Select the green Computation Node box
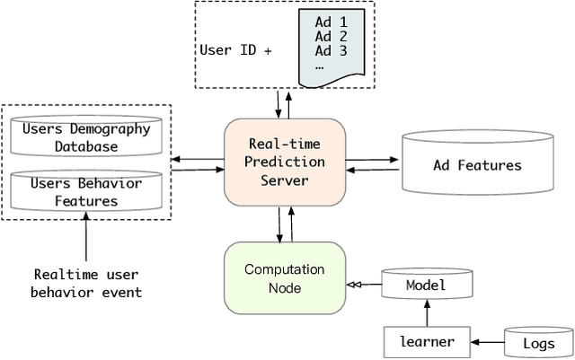pyautogui.click(x=284, y=277)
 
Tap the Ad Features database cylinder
pyautogui.click(x=476, y=164)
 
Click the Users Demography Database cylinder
pyautogui.click(x=86, y=136)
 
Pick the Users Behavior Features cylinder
pyautogui.click(x=86, y=191)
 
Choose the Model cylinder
pyautogui.click(x=426, y=285)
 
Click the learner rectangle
pyautogui.click(x=427, y=341)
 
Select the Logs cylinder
pyautogui.click(x=538, y=342)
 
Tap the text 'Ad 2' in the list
pyautogui.click(x=331, y=37)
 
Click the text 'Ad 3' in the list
pyautogui.click(x=331, y=51)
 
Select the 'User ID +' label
pyautogui.click(x=234, y=50)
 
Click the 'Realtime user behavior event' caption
pyautogui.click(x=86, y=283)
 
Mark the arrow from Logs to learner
pyautogui.click(x=488, y=342)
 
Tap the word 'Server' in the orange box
pyautogui.click(x=284, y=181)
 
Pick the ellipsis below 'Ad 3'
pyautogui.click(x=320, y=66)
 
